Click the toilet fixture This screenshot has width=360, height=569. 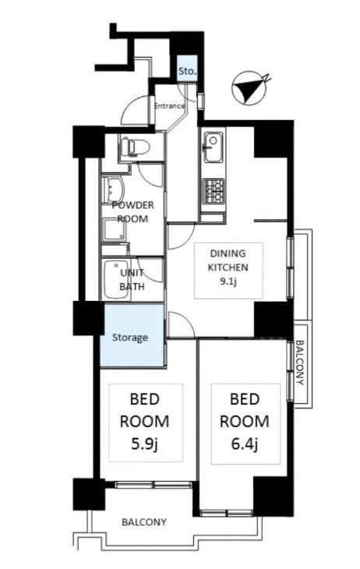tap(135, 147)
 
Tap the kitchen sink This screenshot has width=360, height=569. tap(213, 147)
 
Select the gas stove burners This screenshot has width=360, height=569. tap(213, 191)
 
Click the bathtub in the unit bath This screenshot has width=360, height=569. tap(116, 279)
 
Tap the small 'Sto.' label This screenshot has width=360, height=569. tap(187, 71)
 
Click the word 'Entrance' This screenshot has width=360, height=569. tap(169, 106)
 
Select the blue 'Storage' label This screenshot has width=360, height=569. tap(130, 338)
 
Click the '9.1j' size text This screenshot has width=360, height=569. tap(228, 281)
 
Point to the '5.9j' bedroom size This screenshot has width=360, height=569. tap(144, 444)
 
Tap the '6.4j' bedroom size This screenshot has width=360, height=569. tap(245, 444)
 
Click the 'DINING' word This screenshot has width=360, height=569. tap(228, 253)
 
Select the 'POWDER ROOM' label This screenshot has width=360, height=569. tap(132, 212)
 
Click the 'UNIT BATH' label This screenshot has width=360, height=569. tap(132, 279)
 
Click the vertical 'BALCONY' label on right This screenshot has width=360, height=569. tap(300, 362)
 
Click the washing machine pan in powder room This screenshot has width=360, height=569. tap(115, 230)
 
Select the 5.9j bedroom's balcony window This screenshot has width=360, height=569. tap(154, 485)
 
